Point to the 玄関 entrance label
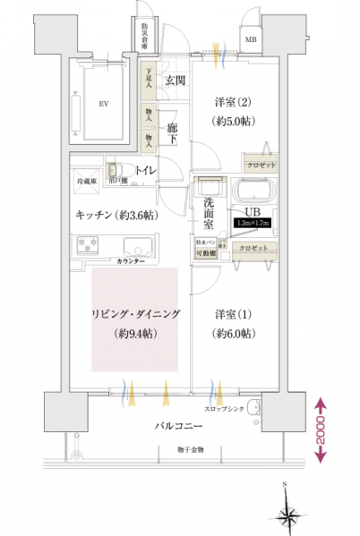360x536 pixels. pyautogui.click(x=175, y=81)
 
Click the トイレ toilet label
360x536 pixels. pyautogui.click(x=143, y=169)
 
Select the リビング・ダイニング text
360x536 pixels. pyautogui.click(x=135, y=314)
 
